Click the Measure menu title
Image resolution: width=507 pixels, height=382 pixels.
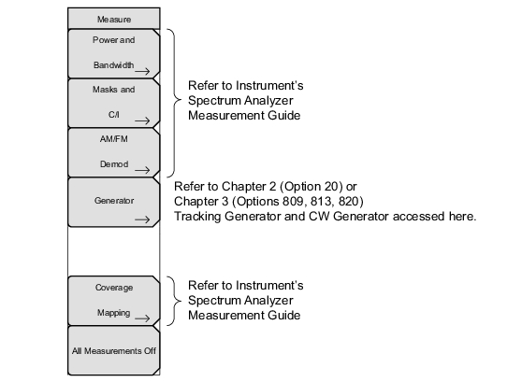tap(114, 19)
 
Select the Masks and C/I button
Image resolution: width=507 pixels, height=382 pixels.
tap(114, 104)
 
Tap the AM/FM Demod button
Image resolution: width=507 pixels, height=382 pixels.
tap(114, 153)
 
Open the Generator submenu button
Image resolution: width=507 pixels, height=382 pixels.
tap(114, 203)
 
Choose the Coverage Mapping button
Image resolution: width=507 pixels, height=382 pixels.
tap(114, 301)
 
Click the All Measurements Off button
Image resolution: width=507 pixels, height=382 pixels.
tap(114, 350)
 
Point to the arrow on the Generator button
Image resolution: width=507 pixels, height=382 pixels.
tap(142, 219)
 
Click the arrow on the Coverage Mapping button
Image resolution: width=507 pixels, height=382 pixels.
tap(142, 318)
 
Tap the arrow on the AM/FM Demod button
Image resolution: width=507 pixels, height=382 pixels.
tap(142, 170)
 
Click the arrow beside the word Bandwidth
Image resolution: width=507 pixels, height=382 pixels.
tap(142, 71)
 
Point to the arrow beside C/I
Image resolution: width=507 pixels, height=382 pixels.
tap(142, 120)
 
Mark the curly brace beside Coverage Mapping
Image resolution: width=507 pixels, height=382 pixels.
tap(177, 301)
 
